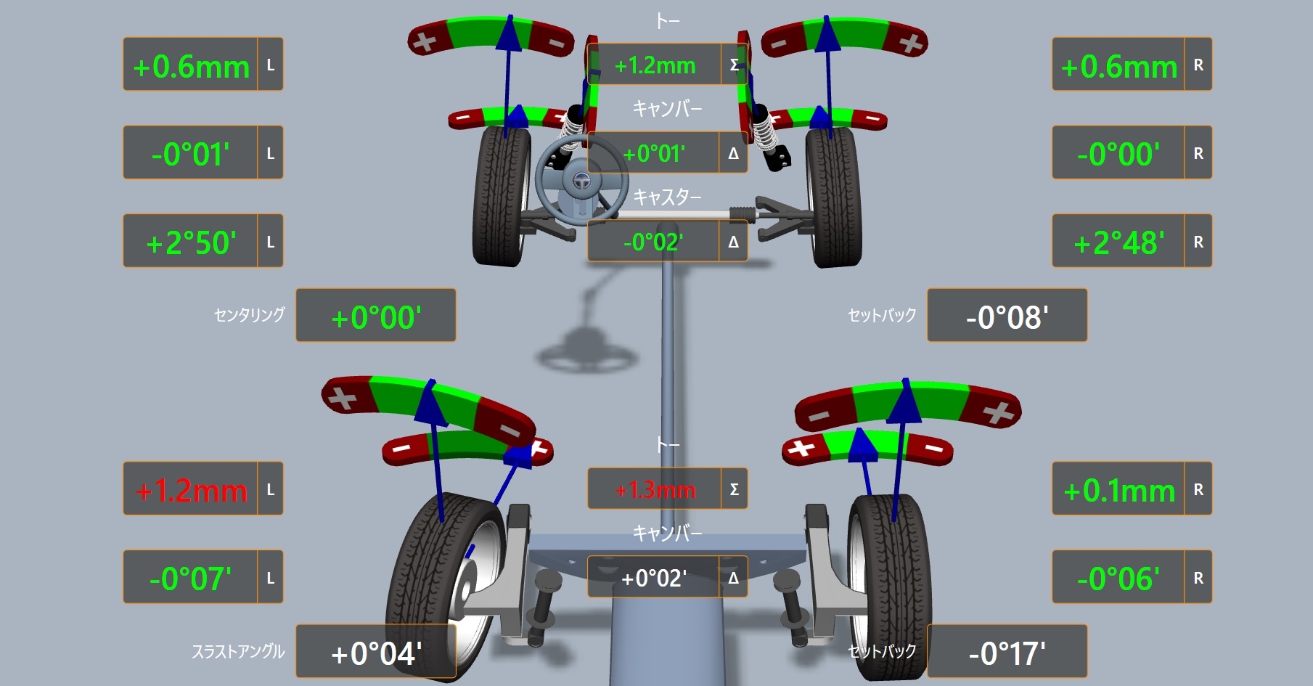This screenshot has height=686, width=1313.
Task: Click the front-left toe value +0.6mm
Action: (192, 67)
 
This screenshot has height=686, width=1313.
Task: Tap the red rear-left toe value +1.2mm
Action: (192, 491)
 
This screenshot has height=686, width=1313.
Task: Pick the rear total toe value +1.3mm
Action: (655, 490)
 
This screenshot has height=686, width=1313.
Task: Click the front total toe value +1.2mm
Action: (655, 66)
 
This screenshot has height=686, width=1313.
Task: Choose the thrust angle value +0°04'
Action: (376, 653)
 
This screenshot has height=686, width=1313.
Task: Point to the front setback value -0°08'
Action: (1007, 317)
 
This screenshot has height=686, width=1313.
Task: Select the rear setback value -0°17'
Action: (1007, 653)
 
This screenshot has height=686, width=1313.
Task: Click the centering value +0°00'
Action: (376, 317)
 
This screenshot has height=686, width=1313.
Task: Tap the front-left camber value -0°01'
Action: (190, 155)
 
